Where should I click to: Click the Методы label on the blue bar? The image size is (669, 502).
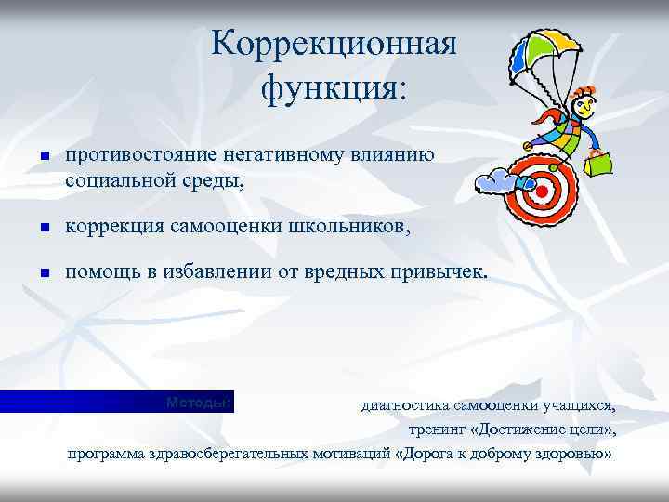pos(197,402)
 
